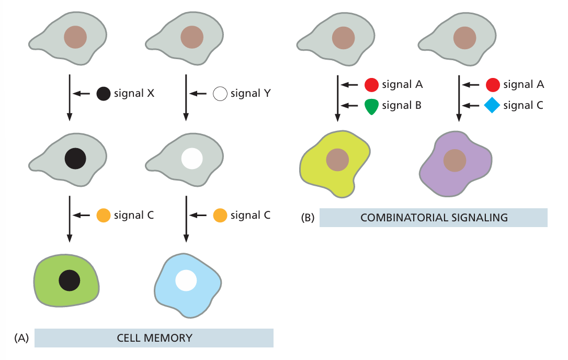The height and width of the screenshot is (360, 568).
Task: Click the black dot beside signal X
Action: point(104,94)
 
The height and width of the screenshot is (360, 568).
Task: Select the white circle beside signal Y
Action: point(220,94)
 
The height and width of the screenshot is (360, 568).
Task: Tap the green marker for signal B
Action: point(371,106)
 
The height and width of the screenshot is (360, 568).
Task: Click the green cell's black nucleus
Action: point(70,280)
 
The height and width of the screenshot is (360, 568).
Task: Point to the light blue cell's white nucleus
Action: point(186,280)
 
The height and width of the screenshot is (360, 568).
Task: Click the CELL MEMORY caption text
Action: point(154,338)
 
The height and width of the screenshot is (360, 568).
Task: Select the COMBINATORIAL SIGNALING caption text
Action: point(434,218)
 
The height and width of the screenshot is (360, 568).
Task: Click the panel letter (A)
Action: point(21,338)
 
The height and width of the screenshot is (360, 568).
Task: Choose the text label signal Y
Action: point(250,94)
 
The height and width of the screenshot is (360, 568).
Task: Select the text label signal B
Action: point(402,106)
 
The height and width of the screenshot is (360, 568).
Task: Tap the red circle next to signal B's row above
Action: point(371,84)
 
